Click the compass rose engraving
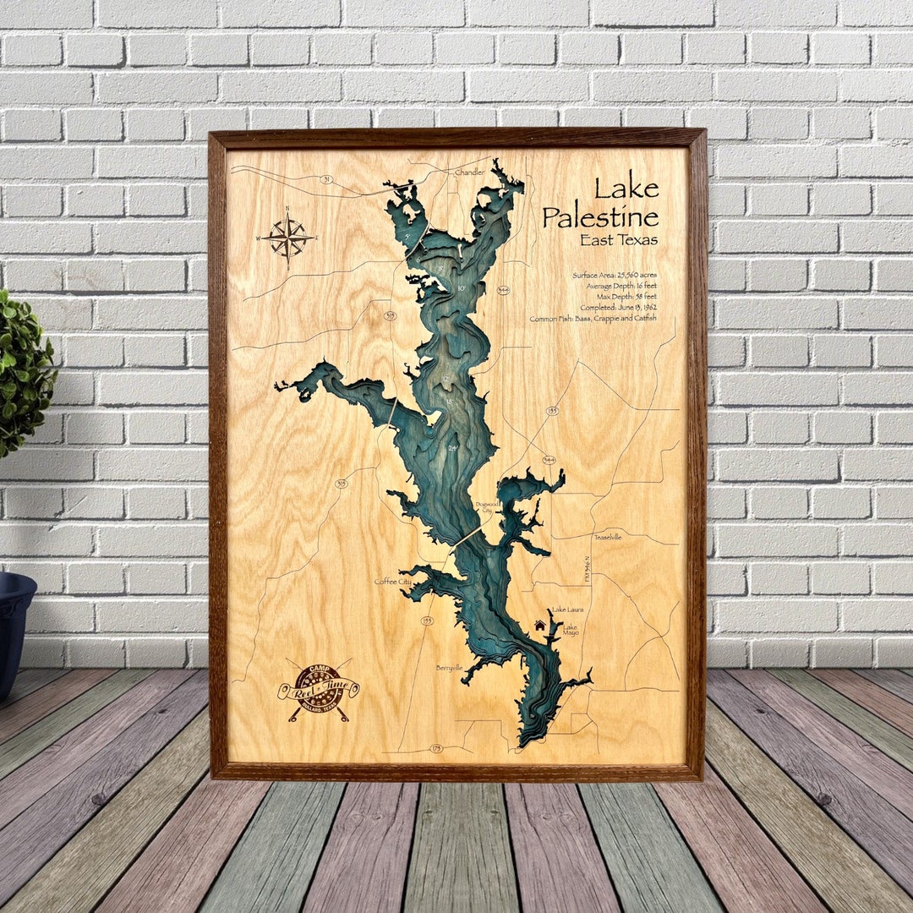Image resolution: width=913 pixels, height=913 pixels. coord(287,237)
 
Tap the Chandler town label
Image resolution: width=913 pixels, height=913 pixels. coord(469,172)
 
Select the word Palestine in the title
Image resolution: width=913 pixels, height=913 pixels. coord(600,217)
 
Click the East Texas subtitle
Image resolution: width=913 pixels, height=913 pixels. coord(619,240)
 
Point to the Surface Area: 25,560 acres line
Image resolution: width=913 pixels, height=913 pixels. coord(615,276)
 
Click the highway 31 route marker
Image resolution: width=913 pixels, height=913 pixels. coord(325,179)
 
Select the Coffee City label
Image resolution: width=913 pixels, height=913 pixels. coord(393,582)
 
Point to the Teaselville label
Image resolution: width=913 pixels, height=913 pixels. coord(607,537)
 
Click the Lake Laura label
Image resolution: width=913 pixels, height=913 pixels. coord(566,610)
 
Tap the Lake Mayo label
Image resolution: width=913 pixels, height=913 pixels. coord(571,630)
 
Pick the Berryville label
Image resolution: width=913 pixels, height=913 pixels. coord(450,667)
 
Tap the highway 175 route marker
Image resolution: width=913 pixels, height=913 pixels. coord(436,748)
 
